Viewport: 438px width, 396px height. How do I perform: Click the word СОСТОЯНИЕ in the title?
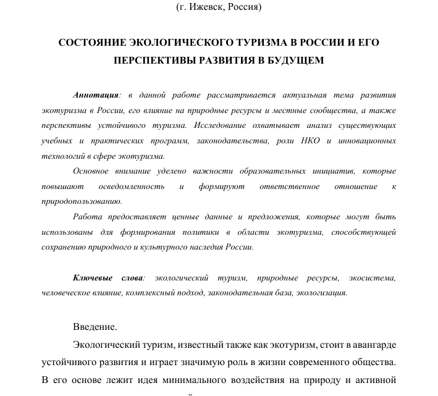point(91,43)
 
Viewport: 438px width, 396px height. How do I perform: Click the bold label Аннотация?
point(96,95)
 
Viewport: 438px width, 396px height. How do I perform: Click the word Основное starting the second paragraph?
point(91,171)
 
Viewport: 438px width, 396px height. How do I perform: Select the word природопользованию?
point(82,201)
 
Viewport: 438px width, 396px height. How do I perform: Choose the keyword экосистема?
point(372,278)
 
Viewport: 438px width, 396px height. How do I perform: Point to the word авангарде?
point(369,344)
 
